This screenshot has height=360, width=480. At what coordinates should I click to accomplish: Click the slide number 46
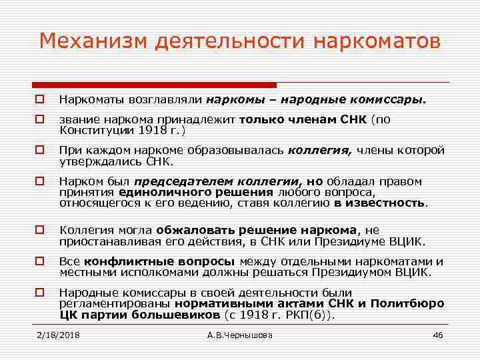pos(437,335)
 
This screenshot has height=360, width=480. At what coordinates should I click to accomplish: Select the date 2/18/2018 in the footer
pos(58,335)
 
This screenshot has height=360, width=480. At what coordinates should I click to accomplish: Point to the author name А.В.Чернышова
pos(240,335)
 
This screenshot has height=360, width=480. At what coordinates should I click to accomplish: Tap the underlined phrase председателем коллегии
pos(211,181)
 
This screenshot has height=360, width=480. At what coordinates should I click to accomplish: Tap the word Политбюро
pos(411,303)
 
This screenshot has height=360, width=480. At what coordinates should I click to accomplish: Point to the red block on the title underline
pos(154,85)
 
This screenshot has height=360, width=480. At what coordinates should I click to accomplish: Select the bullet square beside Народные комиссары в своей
pos(40,292)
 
